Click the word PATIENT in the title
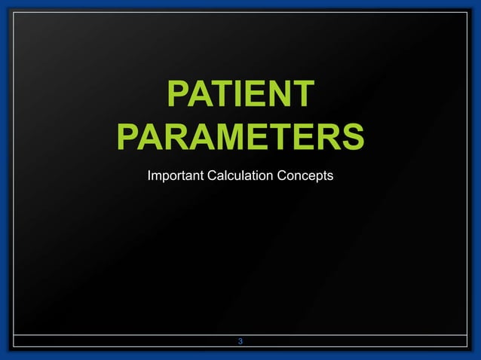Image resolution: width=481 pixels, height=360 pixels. point(240,96)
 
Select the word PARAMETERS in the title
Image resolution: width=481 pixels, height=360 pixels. point(240,138)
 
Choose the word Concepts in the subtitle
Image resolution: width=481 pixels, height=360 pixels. point(306,177)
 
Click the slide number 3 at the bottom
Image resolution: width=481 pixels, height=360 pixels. point(240,343)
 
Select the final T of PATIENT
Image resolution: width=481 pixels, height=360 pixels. point(301,96)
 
